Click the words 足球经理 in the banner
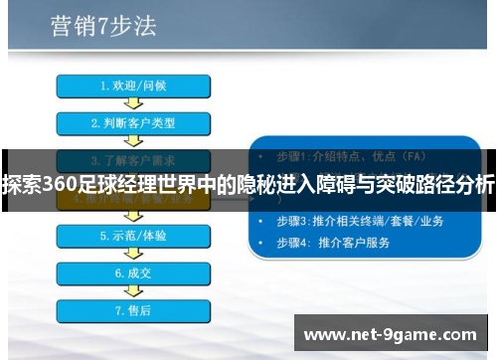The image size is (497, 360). [105, 184]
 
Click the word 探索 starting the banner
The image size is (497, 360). [16, 184]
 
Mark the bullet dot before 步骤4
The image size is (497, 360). [261, 242]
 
